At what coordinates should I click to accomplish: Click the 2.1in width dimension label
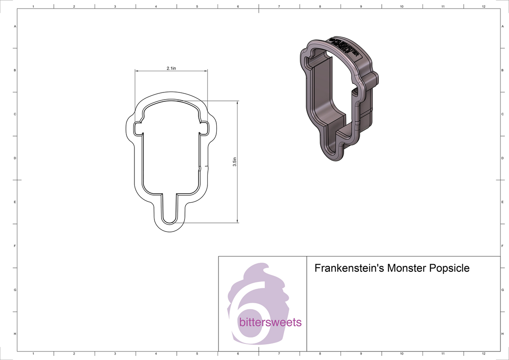[x=171, y=67]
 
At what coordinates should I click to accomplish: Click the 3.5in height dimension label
[x=235, y=162]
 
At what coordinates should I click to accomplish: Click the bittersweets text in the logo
[x=270, y=323]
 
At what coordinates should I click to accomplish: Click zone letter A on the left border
[x=15, y=26]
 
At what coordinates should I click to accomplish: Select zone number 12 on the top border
[x=484, y=7]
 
